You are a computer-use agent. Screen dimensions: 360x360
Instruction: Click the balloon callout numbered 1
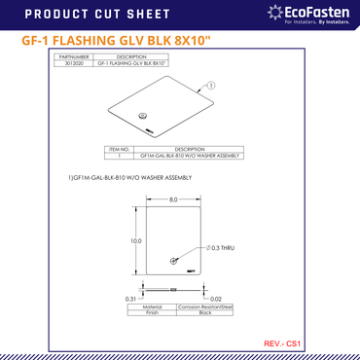point(210,86)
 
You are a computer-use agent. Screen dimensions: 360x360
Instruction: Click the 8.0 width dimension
point(172,199)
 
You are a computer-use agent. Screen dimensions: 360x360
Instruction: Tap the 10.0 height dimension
point(136,240)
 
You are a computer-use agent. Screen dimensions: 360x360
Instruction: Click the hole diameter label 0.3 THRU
point(220,249)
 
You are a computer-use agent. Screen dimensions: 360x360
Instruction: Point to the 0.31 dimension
point(129,298)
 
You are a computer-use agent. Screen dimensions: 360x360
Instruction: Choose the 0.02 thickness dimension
point(216,298)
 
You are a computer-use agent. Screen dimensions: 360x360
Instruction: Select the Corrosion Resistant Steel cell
point(205,306)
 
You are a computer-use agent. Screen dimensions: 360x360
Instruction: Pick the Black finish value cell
point(205,313)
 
